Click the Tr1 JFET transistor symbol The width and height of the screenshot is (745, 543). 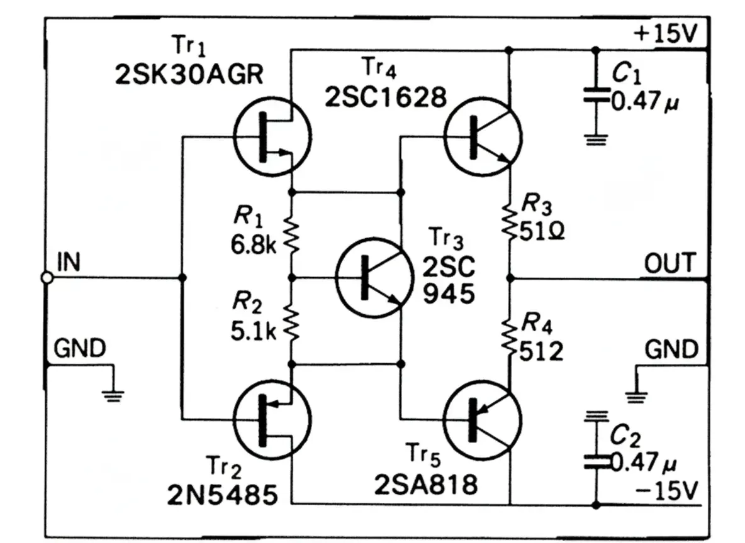click(271, 134)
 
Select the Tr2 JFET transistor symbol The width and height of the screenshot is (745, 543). click(271, 419)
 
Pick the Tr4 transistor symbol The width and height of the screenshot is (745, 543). click(483, 134)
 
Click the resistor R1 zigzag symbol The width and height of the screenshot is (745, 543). click(291, 234)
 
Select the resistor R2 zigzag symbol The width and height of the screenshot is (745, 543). click(291, 321)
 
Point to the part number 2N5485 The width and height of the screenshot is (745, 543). click(221, 496)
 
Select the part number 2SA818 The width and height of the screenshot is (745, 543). click(425, 485)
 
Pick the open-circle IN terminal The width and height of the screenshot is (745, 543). click(46, 277)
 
